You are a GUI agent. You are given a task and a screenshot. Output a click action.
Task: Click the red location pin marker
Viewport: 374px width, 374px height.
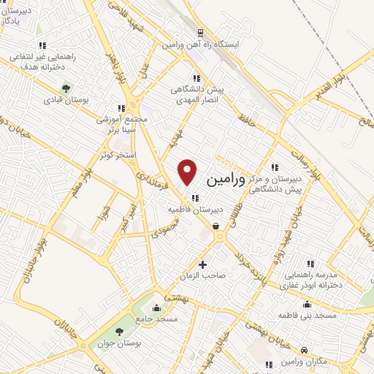click(x=188, y=172)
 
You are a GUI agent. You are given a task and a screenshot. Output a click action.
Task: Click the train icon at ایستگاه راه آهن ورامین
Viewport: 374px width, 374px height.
click(x=199, y=33)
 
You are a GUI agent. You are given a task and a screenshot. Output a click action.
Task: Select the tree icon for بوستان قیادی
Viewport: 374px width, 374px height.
click(x=66, y=88)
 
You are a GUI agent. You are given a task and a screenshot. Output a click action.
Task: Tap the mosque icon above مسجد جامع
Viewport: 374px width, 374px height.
click(x=155, y=308)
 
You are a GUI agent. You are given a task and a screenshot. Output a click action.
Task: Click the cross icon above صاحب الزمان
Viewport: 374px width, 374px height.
click(x=202, y=264)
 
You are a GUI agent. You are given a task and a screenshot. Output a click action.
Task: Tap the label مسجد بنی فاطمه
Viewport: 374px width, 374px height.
click(x=305, y=315)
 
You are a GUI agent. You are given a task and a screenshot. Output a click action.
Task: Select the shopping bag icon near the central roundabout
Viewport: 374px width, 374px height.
click(x=216, y=226)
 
